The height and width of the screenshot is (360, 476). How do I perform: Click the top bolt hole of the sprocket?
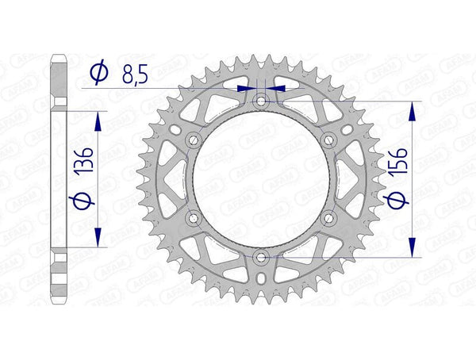261,101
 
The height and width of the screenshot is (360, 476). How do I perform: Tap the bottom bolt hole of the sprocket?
261,256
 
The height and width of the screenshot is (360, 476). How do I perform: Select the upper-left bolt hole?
191,140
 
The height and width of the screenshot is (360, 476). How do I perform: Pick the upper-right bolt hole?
330,140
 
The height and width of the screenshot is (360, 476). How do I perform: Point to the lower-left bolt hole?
191,217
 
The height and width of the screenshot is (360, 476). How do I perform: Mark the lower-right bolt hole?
330,217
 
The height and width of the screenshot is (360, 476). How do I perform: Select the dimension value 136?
89,161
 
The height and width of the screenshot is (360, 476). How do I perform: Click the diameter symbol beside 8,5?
98,73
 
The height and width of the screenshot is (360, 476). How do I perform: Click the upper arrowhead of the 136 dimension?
98,118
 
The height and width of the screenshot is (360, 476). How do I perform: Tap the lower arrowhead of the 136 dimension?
98,239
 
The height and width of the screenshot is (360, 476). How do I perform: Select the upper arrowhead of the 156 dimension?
411,110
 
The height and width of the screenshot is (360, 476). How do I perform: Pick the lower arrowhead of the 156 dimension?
411,248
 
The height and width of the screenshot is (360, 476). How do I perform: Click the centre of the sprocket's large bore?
261,179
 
